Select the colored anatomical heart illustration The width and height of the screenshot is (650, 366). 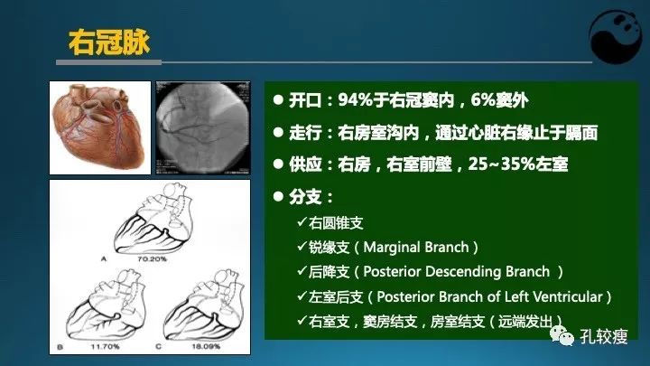[101, 126]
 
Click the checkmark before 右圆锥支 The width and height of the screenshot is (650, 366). [301, 222]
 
